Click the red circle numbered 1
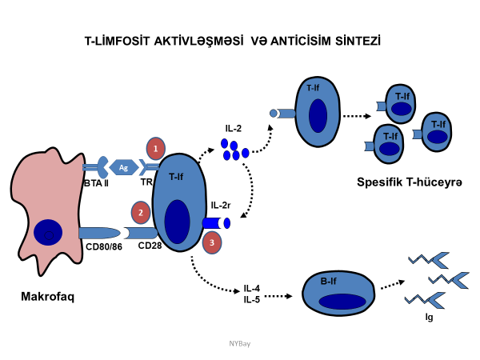click(x=156, y=148)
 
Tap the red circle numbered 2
click(x=141, y=213)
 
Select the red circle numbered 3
click(x=211, y=242)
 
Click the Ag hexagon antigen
click(x=123, y=167)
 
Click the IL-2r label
click(x=222, y=206)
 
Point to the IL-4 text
click(x=252, y=289)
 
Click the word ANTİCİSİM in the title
click(x=309, y=39)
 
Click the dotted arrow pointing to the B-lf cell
click(x=276, y=295)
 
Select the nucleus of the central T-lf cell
click(x=178, y=220)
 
